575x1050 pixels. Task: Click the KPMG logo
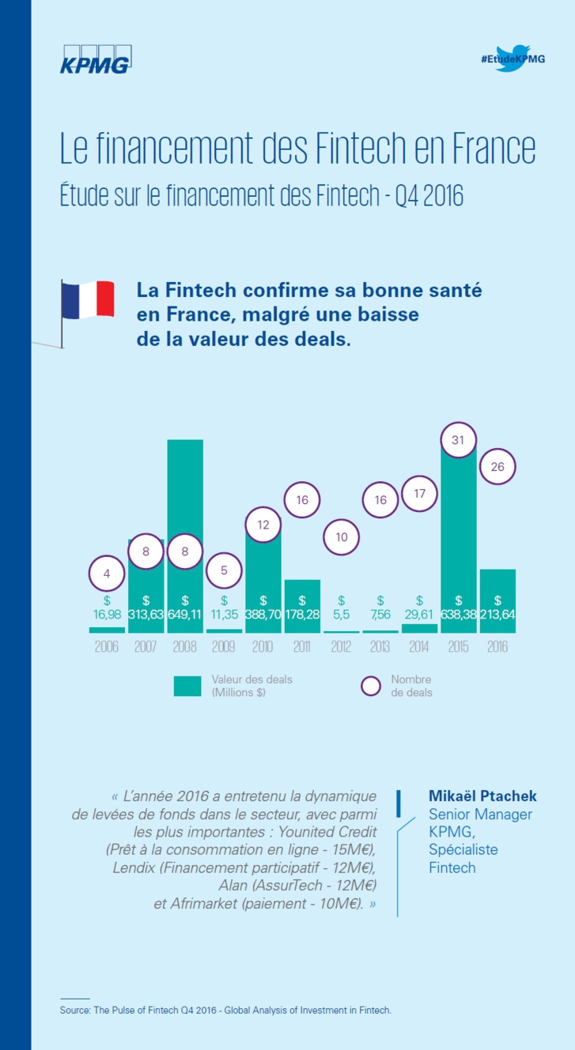pos(95,61)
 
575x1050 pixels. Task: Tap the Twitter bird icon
pos(513,58)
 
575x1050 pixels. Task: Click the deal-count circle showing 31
pos(458,440)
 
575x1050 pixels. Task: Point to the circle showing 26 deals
pos(497,467)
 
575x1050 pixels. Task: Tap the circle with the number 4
pos(107,574)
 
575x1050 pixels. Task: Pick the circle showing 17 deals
pos(419,494)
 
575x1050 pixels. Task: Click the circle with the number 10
pos(342,537)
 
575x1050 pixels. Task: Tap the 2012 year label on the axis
pos(342,647)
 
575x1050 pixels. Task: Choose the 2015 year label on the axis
pos(458,647)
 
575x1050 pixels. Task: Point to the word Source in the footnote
pos(75,1010)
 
